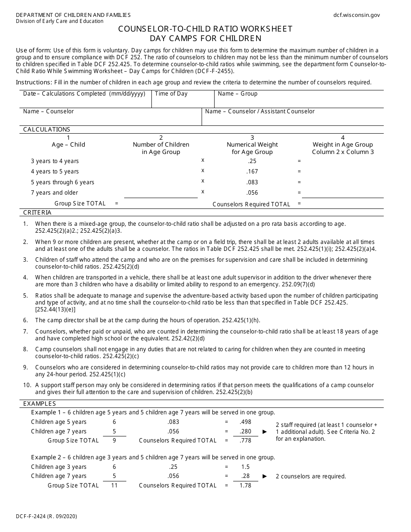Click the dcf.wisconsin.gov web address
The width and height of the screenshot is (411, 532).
coord(356,15)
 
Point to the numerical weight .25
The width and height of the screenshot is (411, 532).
coord(252,161)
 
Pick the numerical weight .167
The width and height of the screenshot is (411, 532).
coord(252,171)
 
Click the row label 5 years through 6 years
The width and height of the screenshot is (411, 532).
coord(62,182)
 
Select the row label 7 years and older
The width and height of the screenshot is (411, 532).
coord(55,192)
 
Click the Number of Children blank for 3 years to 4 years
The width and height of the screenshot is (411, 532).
coord(161,162)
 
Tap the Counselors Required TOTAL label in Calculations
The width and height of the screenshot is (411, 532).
coord(251,204)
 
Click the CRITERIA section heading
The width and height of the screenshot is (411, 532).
coord(37,212)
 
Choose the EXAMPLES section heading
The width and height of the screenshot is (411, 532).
coord(39,403)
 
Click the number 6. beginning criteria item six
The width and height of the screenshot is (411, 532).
coord(26,320)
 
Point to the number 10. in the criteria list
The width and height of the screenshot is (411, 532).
coord(27,385)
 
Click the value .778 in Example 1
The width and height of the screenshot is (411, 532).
coord(245,440)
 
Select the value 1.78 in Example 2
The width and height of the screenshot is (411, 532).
coord(245,485)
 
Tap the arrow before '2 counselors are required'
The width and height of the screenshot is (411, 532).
coord(265,476)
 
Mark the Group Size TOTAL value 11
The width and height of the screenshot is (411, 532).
coord(114,485)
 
